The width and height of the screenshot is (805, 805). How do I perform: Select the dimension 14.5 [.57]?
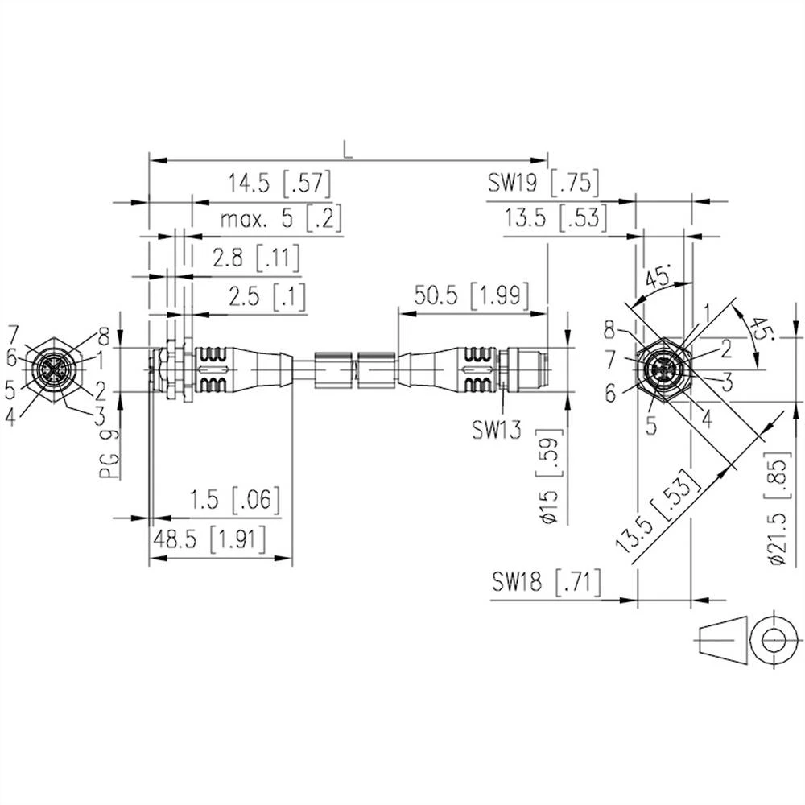278,184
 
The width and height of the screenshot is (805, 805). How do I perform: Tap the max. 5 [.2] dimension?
270,218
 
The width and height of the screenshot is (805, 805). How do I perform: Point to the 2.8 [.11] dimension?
255,258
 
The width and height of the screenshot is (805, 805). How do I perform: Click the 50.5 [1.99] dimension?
471,295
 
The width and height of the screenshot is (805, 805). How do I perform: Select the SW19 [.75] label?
543,184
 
